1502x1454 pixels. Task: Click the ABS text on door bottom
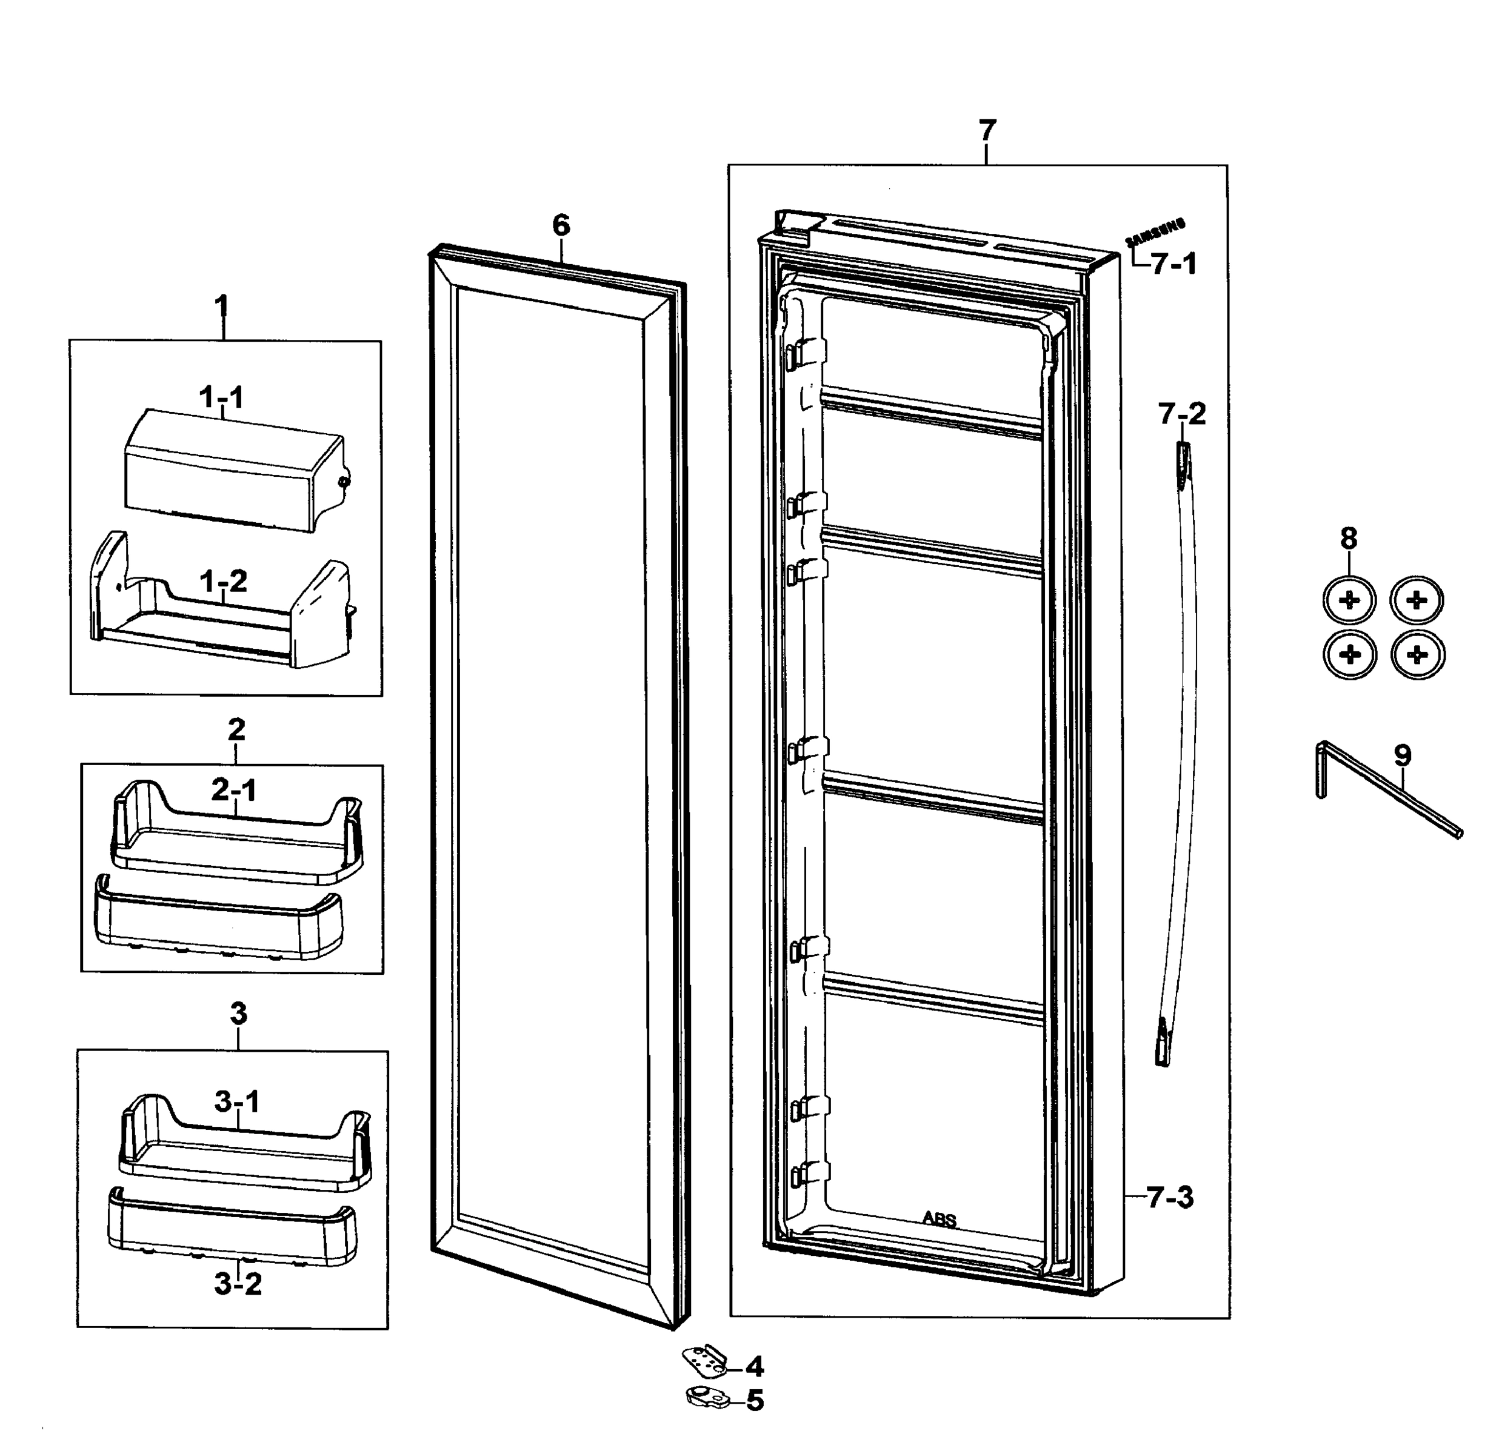coord(939,1219)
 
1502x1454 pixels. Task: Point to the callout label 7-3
coord(1170,1197)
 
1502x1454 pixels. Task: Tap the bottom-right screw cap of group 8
coord(1418,656)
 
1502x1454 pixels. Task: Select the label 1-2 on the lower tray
coord(223,582)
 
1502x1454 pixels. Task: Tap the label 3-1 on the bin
coord(237,1101)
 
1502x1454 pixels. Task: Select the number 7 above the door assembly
coord(987,130)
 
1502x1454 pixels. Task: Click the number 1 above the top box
coord(221,308)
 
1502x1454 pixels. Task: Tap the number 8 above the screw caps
coord(1349,539)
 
